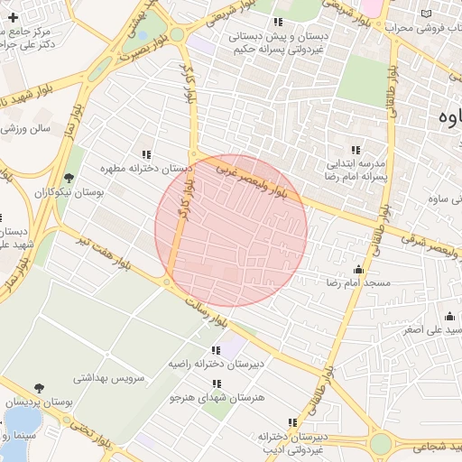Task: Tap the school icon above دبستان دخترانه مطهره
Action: (x=146, y=154)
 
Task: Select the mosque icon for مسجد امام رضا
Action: (x=358, y=268)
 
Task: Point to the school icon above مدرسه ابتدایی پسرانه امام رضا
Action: (x=356, y=150)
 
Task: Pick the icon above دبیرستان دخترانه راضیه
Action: (x=215, y=350)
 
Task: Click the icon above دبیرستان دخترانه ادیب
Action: (x=291, y=422)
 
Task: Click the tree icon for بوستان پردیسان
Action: (x=39, y=388)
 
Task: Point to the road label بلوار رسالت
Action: (x=209, y=312)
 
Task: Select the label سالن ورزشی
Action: (x=27, y=129)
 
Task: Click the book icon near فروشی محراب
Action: (x=426, y=14)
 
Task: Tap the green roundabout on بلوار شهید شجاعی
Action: (x=381, y=444)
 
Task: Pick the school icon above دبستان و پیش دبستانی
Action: (x=279, y=22)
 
